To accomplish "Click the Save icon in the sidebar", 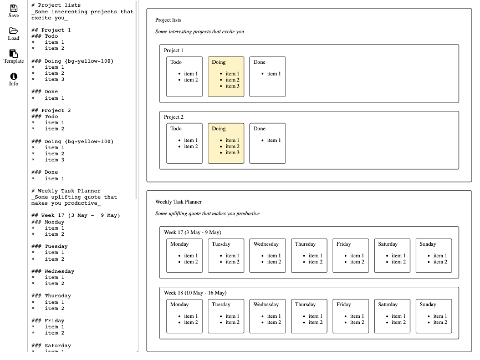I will click(x=13, y=8).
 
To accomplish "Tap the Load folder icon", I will click(x=13, y=31).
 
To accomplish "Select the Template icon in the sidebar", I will click(x=13, y=54).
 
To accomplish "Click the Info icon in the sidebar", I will click(x=13, y=77).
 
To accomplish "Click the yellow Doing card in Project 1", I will click(x=226, y=77).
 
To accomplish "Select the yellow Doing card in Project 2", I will click(x=226, y=143).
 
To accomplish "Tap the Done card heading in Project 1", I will click(x=259, y=62).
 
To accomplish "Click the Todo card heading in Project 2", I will click(x=176, y=129).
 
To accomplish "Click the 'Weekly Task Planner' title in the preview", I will click(x=178, y=202).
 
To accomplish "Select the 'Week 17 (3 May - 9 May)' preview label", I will click(x=192, y=232).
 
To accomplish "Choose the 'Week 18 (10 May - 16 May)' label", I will click(x=195, y=293).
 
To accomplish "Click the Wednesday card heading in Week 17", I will click(x=266, y=244).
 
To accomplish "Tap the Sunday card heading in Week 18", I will click(x=428, y=305).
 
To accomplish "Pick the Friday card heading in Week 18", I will click(x=344, y=305).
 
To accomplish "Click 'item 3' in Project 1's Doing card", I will click(x=232, y=86).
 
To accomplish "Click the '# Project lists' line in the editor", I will click(x=56, y=5).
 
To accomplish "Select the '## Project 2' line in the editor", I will click(x=51, y=110).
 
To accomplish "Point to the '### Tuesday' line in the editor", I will click(x=49, y=246).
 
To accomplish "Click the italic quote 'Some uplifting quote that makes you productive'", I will click(x=207, y=214).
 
